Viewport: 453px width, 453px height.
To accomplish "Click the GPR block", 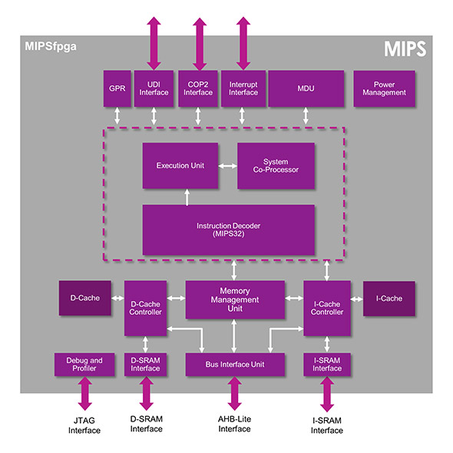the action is pyautogui.click(x=117, y=88).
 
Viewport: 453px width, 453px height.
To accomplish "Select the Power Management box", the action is pyautogui.click(x=384, y=88).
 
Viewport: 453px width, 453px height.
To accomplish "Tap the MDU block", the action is pyautogui.click(x=306, y=88).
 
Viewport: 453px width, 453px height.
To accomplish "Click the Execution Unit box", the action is pyautogui.click(x=180, y=166).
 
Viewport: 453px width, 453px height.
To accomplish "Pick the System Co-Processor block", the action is pyautogui.click(x=276, y=166).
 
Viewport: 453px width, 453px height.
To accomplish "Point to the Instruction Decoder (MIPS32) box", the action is pyautogui.click(x=229, y=230).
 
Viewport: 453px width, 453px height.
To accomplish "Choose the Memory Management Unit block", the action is pyautogui.click(x=235, y=299).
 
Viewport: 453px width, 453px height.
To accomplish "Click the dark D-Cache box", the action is pyautogui.click(x=85, y=298).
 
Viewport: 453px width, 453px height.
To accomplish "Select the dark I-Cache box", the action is pyautogui.click(x=389, y=299).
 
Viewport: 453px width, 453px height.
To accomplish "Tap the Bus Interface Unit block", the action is pyautogui.click(x=235, y=364).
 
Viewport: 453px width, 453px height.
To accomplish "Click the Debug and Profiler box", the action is pyautogui.click(x=84, y=364).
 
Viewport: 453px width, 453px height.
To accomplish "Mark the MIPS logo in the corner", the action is pyautogui.click(x=405, y=48).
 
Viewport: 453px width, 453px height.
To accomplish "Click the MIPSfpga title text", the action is pyautogui.click(x=51, y=46).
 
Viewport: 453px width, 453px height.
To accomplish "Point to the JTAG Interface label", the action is pyautogui.click(x=84, y=425).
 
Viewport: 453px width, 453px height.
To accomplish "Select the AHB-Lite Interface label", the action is pyautogui.click(x=235, y=424).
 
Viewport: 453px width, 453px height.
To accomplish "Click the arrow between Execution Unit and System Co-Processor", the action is pyautogui.click(x=228, y=166).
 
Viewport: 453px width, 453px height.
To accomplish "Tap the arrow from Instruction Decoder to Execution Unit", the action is pyautogui.click(x=187, y=197).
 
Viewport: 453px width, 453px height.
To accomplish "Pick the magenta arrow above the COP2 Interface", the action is pyautogui.click(x=200, y=44).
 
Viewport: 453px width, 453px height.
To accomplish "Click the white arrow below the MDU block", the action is pyautogui.click(x=306, y=116).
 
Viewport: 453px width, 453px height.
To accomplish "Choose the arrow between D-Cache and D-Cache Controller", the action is pyautogui.click(x=117, y=298).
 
